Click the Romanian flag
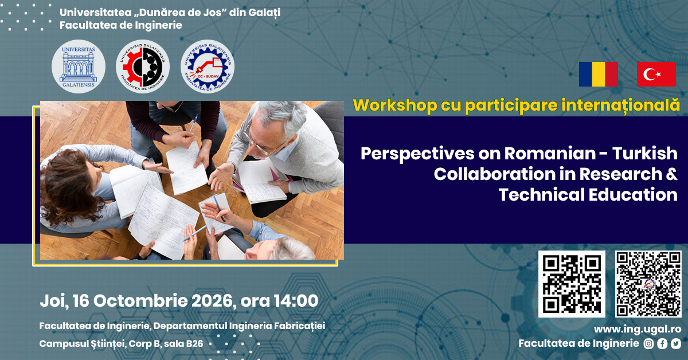(x=599, y=74)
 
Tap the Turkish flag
(x=656, y=74)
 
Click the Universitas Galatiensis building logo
(x=79, y=66)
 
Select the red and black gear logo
(x=143, y=66)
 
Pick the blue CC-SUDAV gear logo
(x=208, y=66)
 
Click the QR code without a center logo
(x=572, y=284)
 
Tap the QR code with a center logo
(x=648, y=284)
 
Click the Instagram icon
(x=648, y=343)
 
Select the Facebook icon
(x=662, y=343)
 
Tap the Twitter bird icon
(x=676, y=343)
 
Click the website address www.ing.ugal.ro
(x=638, y=329)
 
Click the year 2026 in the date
(x=212, y=301)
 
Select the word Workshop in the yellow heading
(x=395, y=105)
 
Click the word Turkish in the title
(x=644, y=153)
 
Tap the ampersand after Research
(x=672, y=174)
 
